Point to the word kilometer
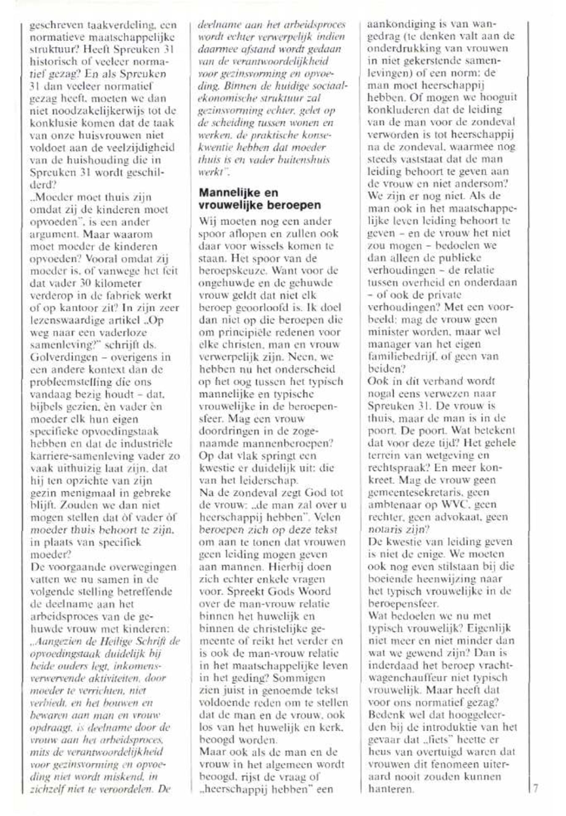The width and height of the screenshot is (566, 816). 116,283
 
